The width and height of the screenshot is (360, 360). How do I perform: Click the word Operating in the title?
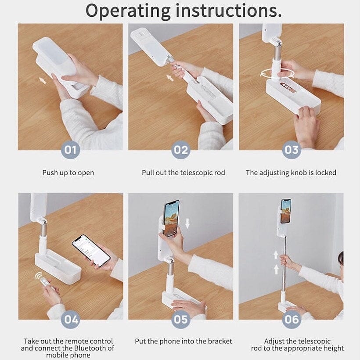pyautogui.click(x=128, y=11)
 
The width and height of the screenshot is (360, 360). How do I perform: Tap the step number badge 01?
pyautogui.click(x=70, y=150)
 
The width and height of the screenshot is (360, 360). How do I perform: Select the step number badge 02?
pyautogui.click(x=181, y=150)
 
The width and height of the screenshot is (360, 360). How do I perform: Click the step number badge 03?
pyautogui.click(x=292, y=150)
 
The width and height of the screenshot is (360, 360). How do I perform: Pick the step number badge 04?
pyautogui.click(x=70, y=319)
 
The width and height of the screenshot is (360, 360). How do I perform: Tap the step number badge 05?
pyautogui.click(x=181, y=319)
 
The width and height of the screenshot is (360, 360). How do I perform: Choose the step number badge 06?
pyautogui.click(x=292, y=319)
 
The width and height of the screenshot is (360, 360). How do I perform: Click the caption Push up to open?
pyautogui.click(x=68, y=173)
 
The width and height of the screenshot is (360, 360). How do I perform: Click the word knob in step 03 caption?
pyautogui.click(x=299, y=173)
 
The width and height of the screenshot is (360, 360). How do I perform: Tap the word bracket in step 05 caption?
pyautogui.click(x=220, y=341)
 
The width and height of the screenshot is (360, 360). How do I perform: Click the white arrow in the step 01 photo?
pyautogui.click(x=43, y=81)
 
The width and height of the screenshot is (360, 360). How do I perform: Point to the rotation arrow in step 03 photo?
pyautogui.click(x=277, y=74)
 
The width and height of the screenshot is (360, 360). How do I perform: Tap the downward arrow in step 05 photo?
pyautogui.click(x=187, y=223)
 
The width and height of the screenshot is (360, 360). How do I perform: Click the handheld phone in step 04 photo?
pyautogui.click(x=91, y=251)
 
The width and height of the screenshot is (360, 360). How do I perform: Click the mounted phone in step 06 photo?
pyautogui.click(x=286, y=211)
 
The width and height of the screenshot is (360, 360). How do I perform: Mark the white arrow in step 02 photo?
pyautogui.click(x=169, y=78)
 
